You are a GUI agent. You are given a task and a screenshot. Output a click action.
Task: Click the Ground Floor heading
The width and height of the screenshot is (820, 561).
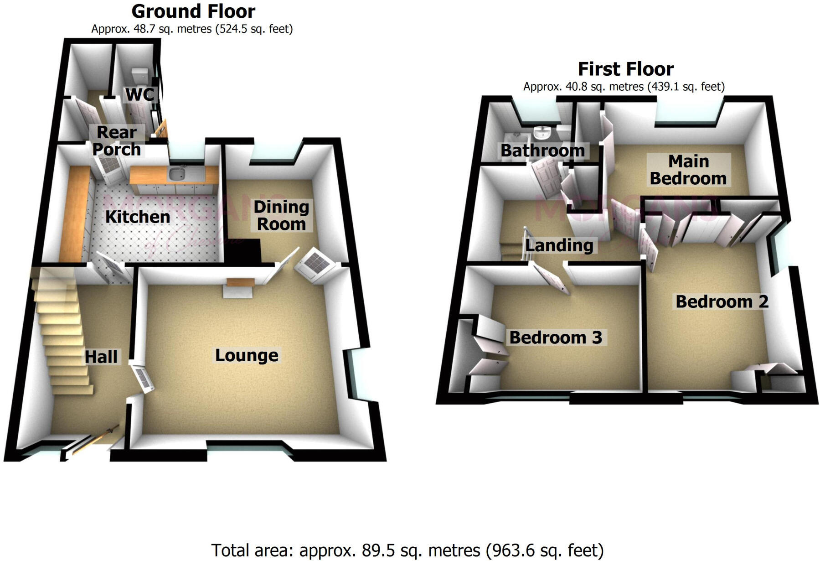coord(193,11)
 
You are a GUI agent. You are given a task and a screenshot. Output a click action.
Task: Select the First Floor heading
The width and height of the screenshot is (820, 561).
coord(625,69)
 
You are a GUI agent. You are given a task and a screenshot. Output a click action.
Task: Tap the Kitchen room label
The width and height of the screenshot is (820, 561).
coord(138,217)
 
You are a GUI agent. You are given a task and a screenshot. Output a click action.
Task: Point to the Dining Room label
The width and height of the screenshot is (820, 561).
coord(281,215)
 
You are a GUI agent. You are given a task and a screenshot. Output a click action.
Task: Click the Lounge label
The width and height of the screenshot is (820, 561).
coord(247,355)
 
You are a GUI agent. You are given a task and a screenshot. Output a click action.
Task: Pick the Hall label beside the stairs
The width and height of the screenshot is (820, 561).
coord(101,357)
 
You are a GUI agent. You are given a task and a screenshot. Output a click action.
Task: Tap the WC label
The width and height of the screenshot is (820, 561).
coord(139,95)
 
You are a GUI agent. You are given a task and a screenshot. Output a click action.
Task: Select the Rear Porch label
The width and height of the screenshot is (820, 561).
coord(117,140)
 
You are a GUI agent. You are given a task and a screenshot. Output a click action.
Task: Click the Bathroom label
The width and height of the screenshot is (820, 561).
coord(542,151)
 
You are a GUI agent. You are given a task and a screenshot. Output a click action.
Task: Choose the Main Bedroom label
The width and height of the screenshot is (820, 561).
coord(688,170)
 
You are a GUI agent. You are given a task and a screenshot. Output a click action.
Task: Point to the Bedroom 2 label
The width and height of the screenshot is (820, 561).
coord(722,301)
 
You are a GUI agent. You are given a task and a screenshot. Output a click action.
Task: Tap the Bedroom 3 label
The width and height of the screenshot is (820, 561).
coord(556,338)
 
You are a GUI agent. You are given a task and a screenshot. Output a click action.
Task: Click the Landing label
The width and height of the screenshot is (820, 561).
coord(559,245)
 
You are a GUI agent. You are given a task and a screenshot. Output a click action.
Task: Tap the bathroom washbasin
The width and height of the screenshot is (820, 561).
coord(542,132)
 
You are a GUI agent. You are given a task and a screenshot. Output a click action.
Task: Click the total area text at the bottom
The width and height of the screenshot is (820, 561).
coord(407,551)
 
